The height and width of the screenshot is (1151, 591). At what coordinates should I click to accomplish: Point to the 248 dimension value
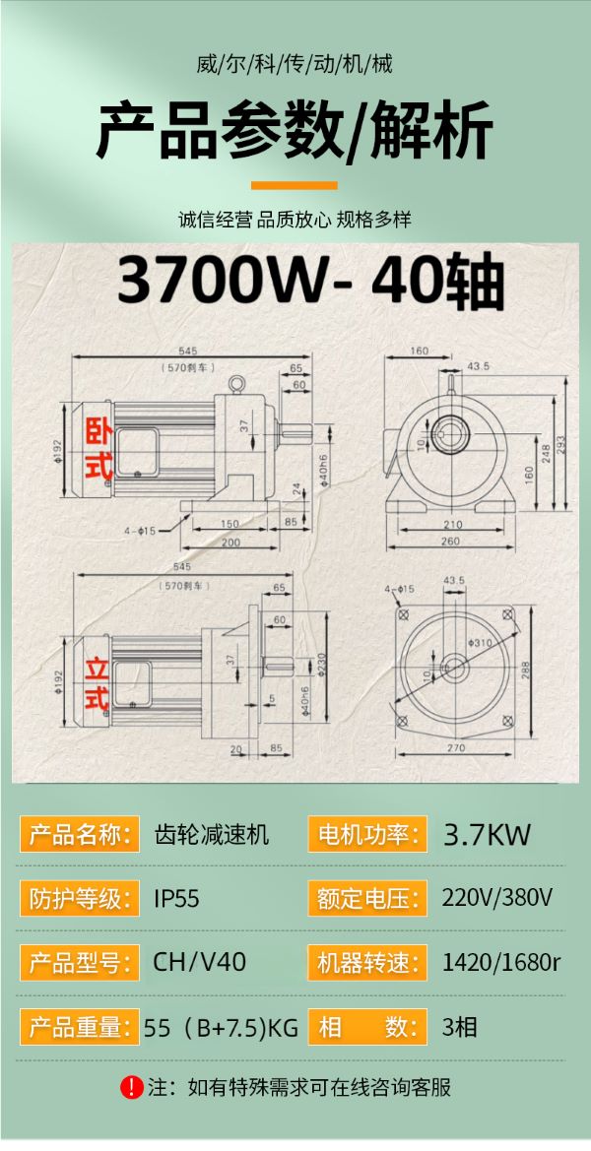546,454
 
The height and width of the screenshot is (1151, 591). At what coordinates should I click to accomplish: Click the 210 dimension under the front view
451,524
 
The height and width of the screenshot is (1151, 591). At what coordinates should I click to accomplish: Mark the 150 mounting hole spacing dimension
230,524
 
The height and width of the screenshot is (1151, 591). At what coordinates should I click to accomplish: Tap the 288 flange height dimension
526,671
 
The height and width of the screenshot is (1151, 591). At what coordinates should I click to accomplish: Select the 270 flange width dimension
456,748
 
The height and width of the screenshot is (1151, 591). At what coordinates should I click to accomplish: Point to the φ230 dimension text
321,664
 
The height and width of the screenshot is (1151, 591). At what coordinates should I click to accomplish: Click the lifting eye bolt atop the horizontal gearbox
235,385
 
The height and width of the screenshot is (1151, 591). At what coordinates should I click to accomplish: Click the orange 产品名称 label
79,835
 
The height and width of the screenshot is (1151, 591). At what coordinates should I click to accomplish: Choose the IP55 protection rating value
176,899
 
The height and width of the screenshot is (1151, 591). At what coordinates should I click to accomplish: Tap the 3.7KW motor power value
487,835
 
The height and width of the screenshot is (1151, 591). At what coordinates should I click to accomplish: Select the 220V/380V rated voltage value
497,898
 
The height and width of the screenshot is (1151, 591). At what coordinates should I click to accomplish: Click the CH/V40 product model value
199,962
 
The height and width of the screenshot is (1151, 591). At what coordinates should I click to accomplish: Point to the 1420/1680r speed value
500,962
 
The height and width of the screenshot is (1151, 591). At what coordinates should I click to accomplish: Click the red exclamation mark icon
132,1087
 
